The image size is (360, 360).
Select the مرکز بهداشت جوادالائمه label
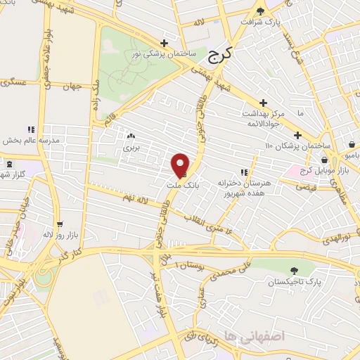263,118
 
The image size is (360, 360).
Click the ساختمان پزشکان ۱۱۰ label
288,146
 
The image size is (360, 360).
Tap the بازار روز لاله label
38,232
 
